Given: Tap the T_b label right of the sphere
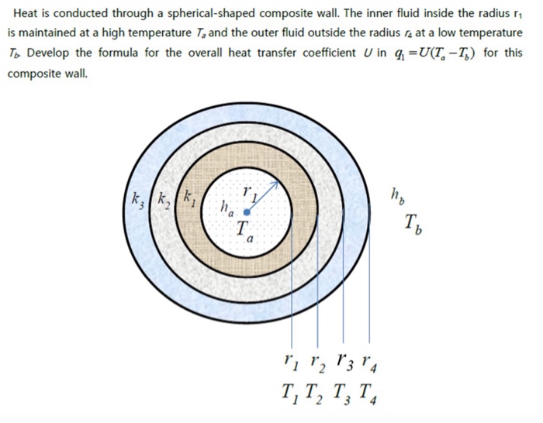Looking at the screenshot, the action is click(411, 225).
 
